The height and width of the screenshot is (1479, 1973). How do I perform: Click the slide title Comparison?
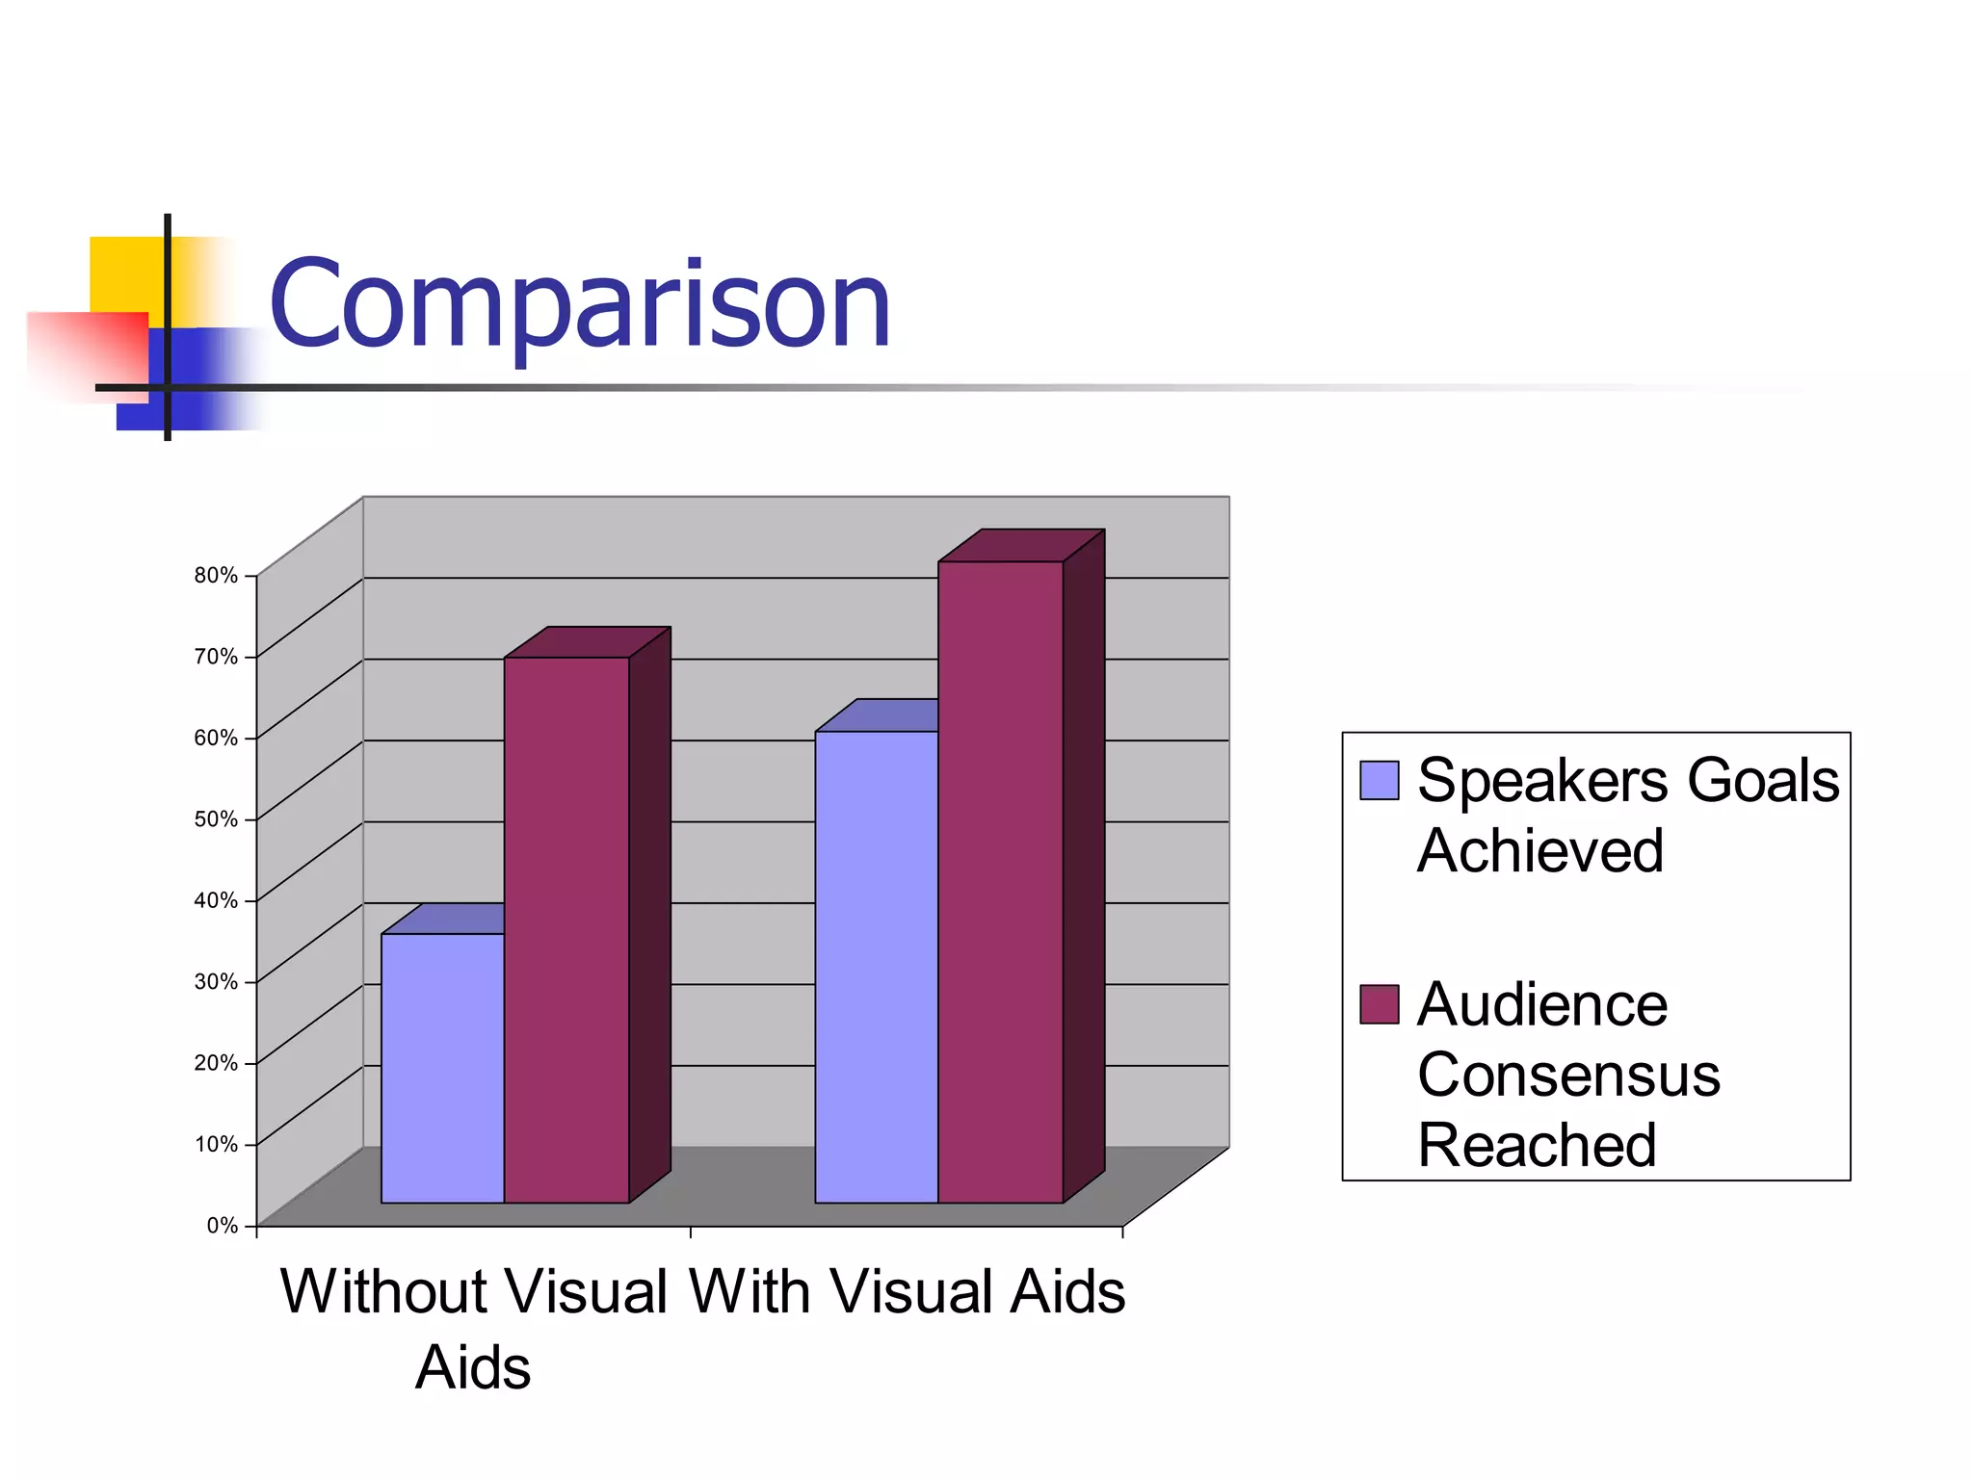580,306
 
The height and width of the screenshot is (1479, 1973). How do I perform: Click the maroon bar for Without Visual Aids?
566,929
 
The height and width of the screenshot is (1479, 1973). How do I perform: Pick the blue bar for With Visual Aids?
876,966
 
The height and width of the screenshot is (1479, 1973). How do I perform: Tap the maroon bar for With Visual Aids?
1000,881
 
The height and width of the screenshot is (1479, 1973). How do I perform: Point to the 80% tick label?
216,576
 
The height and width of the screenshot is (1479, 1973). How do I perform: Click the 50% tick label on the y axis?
216,819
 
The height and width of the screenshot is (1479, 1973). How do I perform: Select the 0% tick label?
222,1226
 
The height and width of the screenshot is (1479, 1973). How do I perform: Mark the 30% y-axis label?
216,982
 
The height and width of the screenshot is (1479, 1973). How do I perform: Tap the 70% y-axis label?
216,657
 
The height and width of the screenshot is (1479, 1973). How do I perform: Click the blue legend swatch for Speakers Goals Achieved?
1379,781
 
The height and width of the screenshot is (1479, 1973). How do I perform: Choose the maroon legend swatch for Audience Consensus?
1379,1004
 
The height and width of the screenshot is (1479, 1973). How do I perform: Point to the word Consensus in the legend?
1568,1075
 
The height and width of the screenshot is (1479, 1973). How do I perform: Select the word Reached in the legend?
1537,1145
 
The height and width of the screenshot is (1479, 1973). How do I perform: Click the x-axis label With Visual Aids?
907,1291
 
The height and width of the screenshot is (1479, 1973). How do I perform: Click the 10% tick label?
216,1145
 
